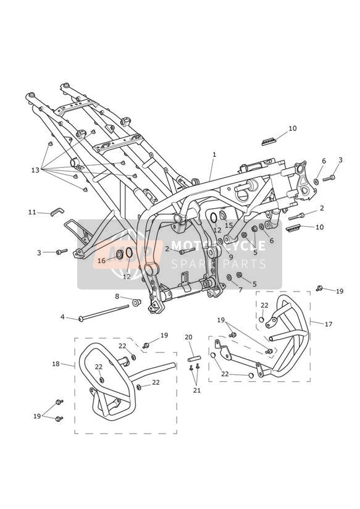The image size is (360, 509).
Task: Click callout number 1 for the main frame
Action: point(214,155)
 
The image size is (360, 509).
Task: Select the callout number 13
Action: point(35,170)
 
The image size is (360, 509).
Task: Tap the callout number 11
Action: point(32,212)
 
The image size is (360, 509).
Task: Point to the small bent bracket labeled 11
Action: point(57,212)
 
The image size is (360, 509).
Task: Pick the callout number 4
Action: point(62,316)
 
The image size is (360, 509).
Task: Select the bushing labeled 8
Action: point(136,303)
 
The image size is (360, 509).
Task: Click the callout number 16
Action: point(102,261)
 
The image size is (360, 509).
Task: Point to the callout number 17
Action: point(329,324)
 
